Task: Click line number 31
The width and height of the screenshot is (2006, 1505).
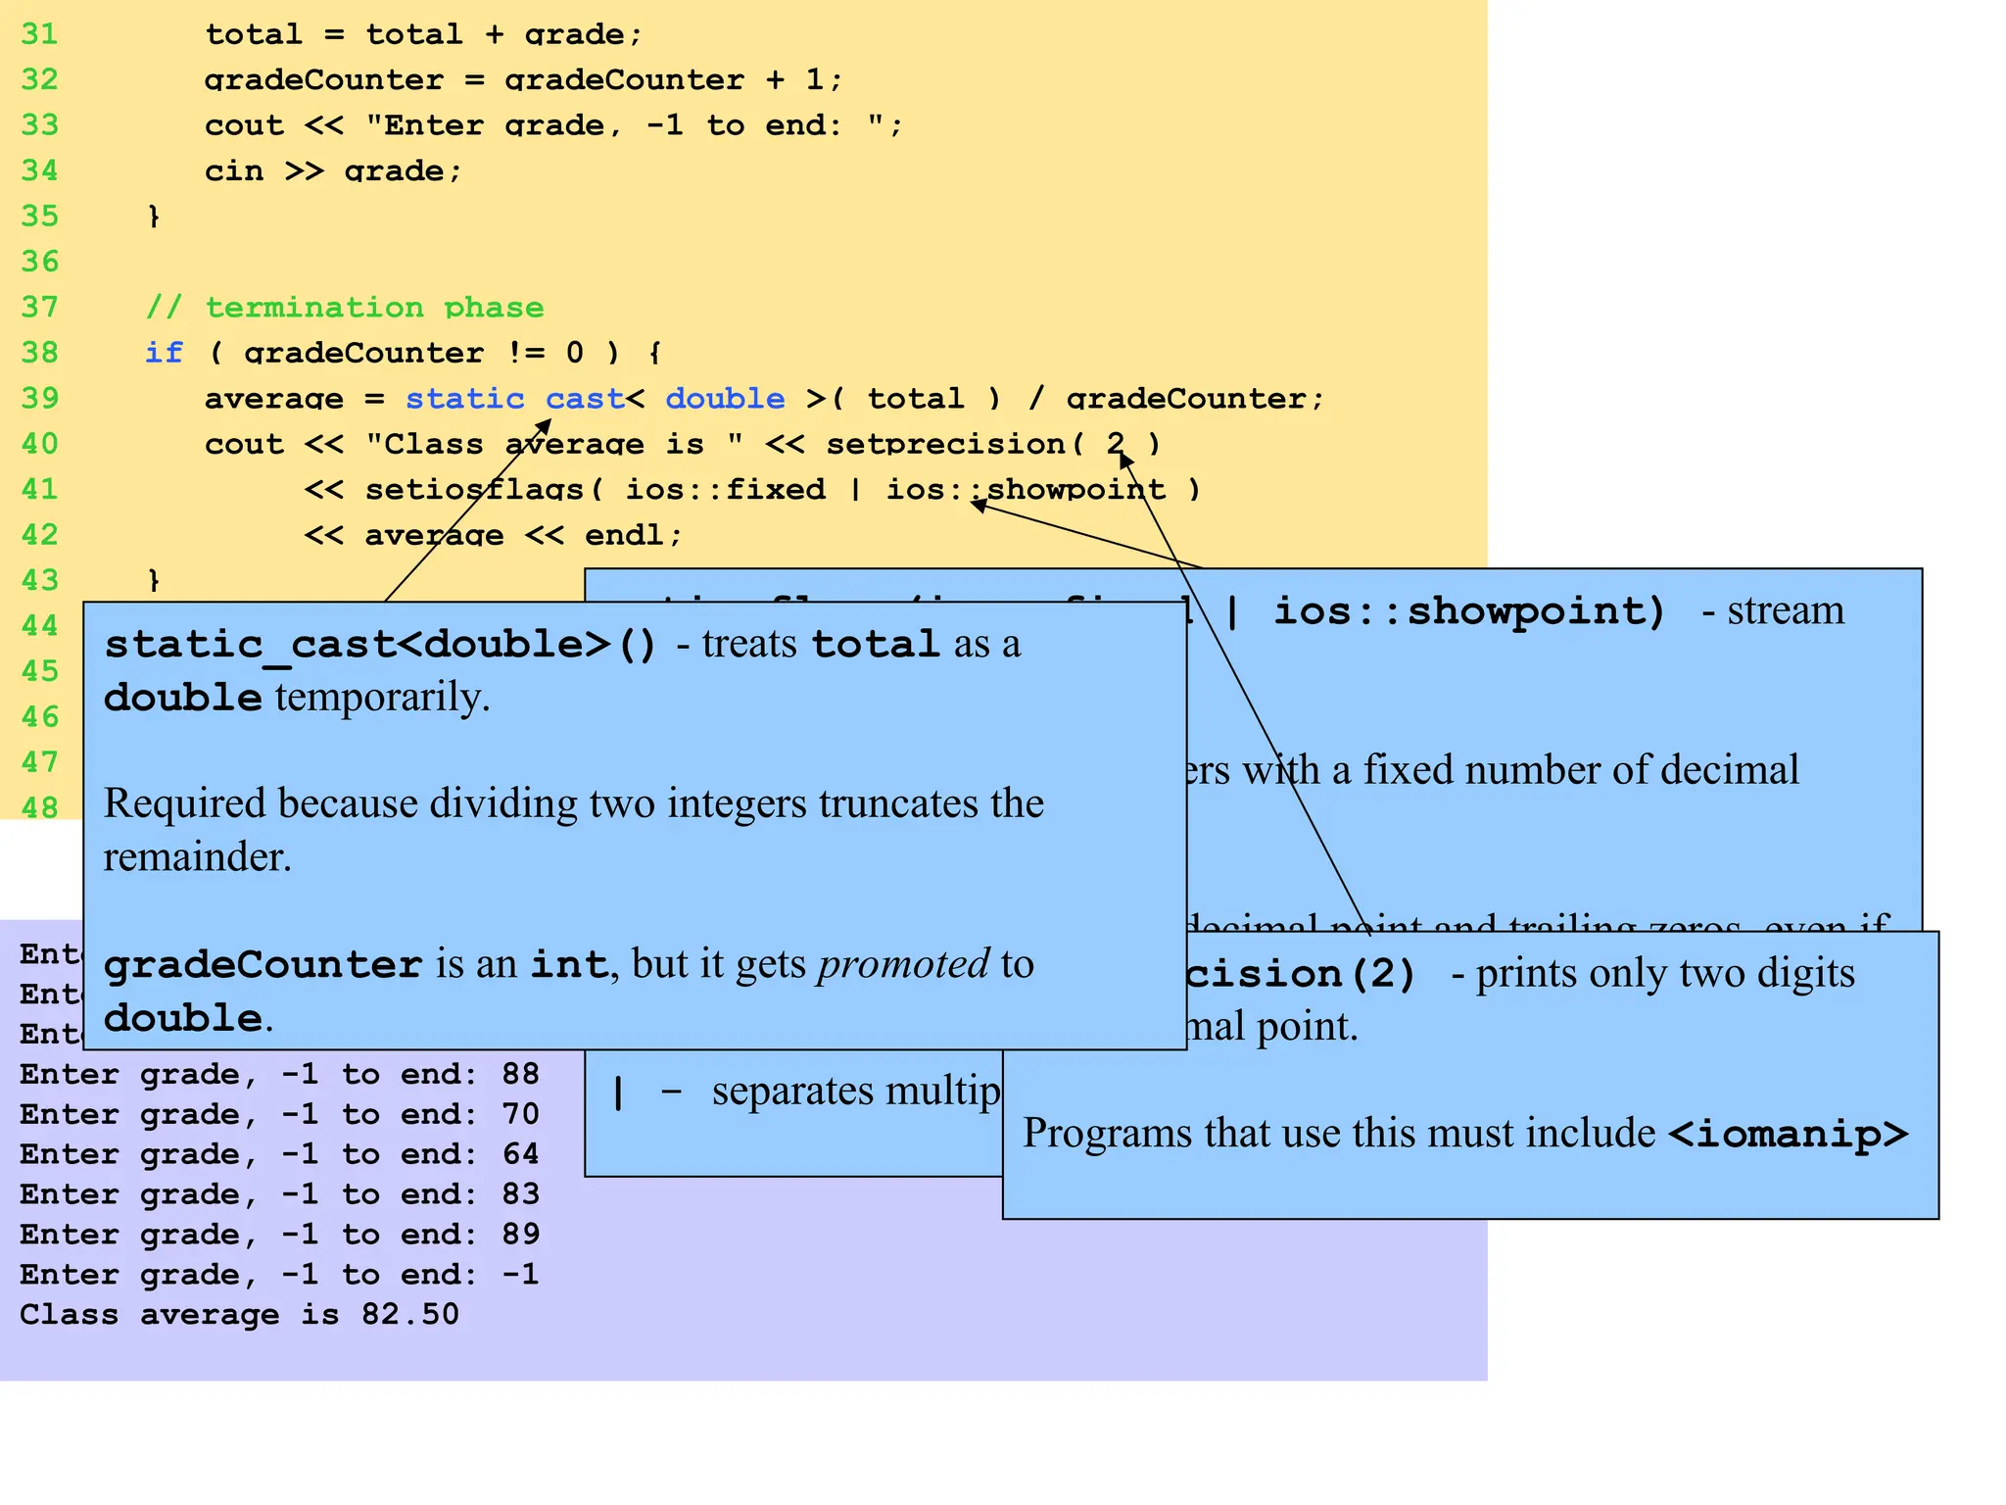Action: click(39, 34)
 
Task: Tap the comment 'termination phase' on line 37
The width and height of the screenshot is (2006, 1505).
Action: click(373, 308)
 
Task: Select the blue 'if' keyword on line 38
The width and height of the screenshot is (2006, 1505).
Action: click(164, 353)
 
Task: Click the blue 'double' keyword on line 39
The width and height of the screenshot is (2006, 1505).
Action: click(724, 399)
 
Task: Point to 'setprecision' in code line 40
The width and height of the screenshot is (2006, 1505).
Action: click(945, 444)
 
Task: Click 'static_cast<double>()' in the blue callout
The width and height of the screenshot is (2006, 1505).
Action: click(380, 645)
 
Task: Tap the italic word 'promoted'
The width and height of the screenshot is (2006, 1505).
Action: click(903, 964)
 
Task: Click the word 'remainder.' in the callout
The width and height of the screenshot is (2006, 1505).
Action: click(198, 857)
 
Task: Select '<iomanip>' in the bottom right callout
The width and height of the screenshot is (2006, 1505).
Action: click(1788, 1134)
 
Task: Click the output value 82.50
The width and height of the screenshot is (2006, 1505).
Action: click(409, 1315)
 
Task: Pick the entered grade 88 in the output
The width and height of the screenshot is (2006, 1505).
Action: click(520, 1075)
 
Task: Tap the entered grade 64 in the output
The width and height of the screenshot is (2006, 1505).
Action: click(520, 1154)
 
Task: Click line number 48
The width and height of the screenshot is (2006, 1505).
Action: click(39, 807)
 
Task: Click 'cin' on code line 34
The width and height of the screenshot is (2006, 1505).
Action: click(234, 171)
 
